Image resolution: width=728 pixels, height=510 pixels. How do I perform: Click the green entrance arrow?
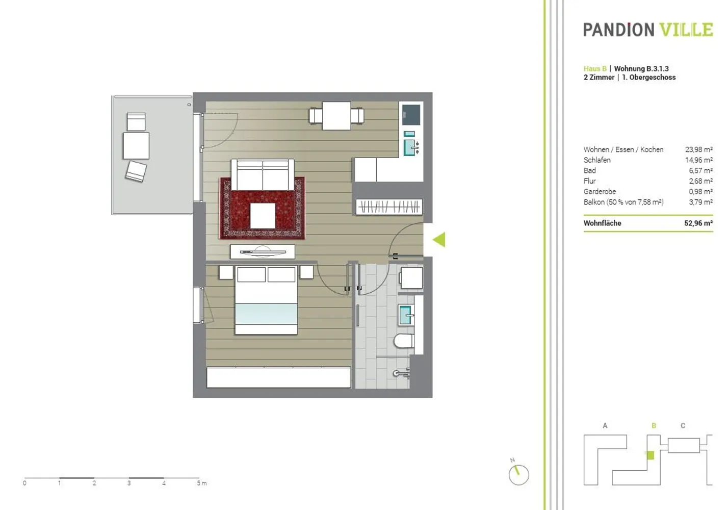click(439, 240)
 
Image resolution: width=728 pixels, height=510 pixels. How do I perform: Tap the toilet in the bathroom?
click(404, 341)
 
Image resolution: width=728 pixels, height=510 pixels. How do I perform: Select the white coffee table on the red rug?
click(263, 216)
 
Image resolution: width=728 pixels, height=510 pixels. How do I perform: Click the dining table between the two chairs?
click(336, 116)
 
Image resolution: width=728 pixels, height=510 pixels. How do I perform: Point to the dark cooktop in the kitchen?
click(411, 115)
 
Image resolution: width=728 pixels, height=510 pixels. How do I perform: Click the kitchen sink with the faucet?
click(411, 147)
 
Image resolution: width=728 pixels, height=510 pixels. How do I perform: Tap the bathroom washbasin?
click(406, 315)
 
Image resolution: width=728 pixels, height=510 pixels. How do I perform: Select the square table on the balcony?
click(136, 146)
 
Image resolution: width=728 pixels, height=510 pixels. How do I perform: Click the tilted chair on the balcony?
click(136, 171)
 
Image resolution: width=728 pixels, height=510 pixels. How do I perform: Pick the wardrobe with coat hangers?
click(389, 207)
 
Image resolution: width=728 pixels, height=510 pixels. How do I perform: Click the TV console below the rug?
click(263, 251)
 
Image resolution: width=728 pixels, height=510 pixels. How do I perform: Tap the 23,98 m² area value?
click(699, 149)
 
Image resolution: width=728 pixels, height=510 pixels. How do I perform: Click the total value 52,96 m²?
click(698, 223)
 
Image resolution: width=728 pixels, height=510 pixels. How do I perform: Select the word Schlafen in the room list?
click(597, 160)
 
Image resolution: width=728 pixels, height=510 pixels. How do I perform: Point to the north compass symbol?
click(518, 473)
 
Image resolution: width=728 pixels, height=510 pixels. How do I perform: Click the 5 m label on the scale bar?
click(201, 483)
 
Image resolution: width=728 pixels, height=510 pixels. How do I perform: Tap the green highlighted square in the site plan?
click(650, 455)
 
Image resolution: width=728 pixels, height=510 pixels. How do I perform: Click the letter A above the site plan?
click(605, 425)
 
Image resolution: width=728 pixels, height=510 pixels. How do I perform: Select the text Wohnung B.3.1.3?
click(641, 68)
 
